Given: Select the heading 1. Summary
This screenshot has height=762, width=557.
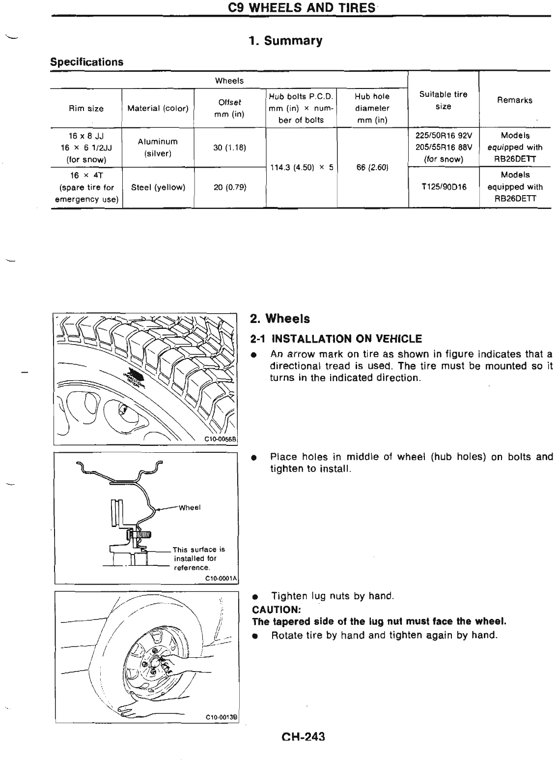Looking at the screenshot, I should click(x=285, y=41).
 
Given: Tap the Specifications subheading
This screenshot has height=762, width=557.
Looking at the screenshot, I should click(x=87, y=62).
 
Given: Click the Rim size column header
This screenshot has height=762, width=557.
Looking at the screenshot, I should click(x=86, y=109).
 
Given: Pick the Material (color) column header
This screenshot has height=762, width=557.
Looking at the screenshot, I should click(x=158, y=109).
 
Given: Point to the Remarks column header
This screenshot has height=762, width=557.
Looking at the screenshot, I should click(x=514, y=100).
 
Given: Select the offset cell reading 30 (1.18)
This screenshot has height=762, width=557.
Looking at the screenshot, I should click(x=229, y=147).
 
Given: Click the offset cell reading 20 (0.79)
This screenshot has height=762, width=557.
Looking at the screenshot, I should click(x=229, y=187).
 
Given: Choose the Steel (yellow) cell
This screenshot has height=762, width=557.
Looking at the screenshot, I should click(x=158, y=187).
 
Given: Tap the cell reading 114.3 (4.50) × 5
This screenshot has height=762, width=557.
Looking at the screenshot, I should click(x=302, y=168).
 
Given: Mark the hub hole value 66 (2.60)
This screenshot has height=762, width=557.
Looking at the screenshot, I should click(x=372, y=168).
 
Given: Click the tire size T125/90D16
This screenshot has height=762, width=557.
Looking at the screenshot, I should click(x=443, y=187).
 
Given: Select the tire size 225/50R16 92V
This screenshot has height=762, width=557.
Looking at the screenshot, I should click(x=443, y=136).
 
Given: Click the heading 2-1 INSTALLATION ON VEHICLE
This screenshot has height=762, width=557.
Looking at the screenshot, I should click(x=336, y=339).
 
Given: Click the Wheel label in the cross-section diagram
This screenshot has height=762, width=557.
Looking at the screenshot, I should click(x=190, y=508).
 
